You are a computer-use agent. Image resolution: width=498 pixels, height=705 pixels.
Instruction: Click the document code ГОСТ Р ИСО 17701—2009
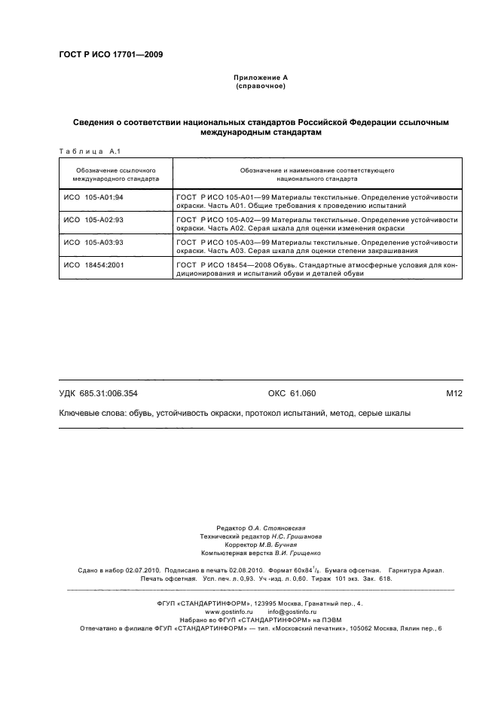110,54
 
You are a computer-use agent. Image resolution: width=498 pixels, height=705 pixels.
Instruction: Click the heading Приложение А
261,78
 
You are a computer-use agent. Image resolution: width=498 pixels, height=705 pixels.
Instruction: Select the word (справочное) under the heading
261,86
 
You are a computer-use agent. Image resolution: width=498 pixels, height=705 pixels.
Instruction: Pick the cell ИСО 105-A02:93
93,221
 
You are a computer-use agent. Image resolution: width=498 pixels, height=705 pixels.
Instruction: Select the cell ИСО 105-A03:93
93,243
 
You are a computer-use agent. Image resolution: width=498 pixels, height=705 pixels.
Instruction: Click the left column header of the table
115,175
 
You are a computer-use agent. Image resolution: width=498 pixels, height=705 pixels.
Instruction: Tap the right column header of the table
317,175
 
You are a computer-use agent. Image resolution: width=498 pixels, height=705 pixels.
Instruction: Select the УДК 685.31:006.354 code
98,393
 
